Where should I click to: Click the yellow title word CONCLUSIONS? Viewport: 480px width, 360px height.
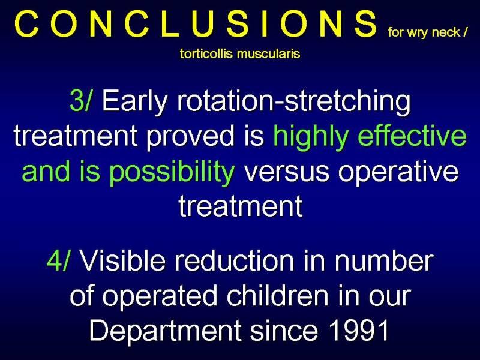point(196,24)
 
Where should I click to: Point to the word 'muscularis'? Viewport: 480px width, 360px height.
point(268,54)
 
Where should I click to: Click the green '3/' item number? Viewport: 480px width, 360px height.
point(80,100)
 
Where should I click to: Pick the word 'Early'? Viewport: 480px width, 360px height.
point(135,102)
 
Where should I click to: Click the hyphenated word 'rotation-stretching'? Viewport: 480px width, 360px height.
point(293,102)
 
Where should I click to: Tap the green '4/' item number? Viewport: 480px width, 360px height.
point(58,261)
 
